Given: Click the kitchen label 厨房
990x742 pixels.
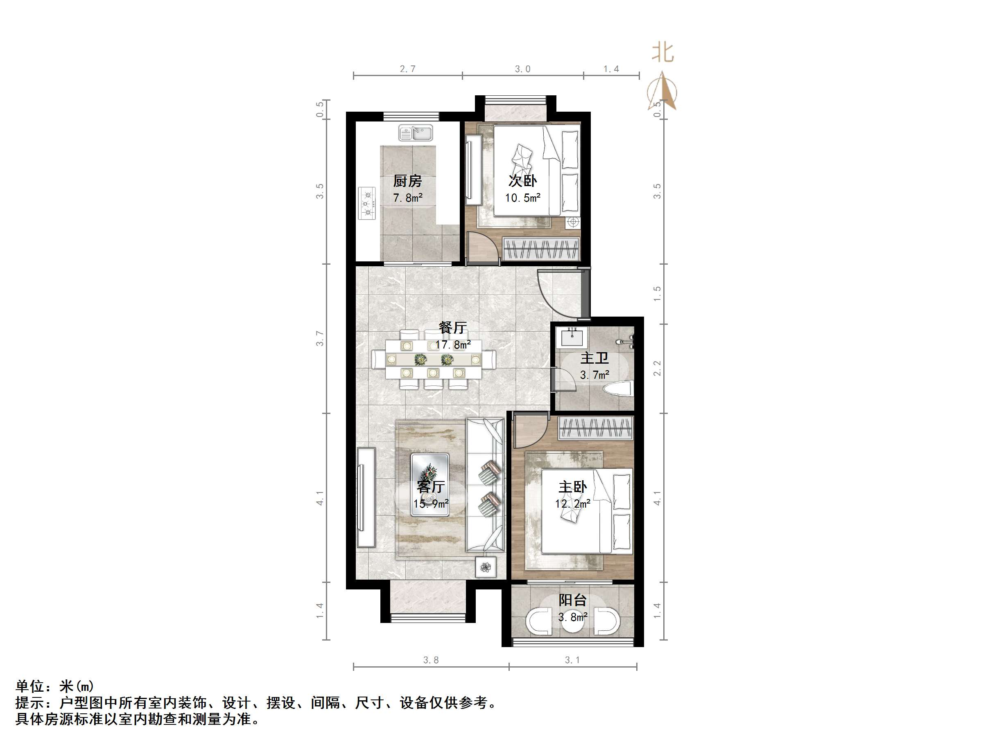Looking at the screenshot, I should pos(407,181).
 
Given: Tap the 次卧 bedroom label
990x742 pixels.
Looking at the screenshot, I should pos(522,181).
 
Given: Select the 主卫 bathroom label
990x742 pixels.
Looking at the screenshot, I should pos(594,358).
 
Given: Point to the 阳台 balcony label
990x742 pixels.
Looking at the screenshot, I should pos(572,600).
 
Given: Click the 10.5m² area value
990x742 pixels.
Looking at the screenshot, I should pos(523,198).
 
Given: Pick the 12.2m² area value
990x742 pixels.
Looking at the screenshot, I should pos(572,504).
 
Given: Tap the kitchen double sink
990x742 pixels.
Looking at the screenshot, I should pos(416,133).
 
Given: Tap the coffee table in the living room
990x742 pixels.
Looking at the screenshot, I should pos(429,485).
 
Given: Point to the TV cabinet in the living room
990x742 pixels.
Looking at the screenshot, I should pos(366,497).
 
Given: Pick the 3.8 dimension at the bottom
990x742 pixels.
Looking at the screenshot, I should pos(431,660).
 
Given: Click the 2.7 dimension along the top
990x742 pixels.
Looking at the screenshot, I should pos(407,69).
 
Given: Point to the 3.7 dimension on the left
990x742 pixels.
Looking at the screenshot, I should pos(319,339).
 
